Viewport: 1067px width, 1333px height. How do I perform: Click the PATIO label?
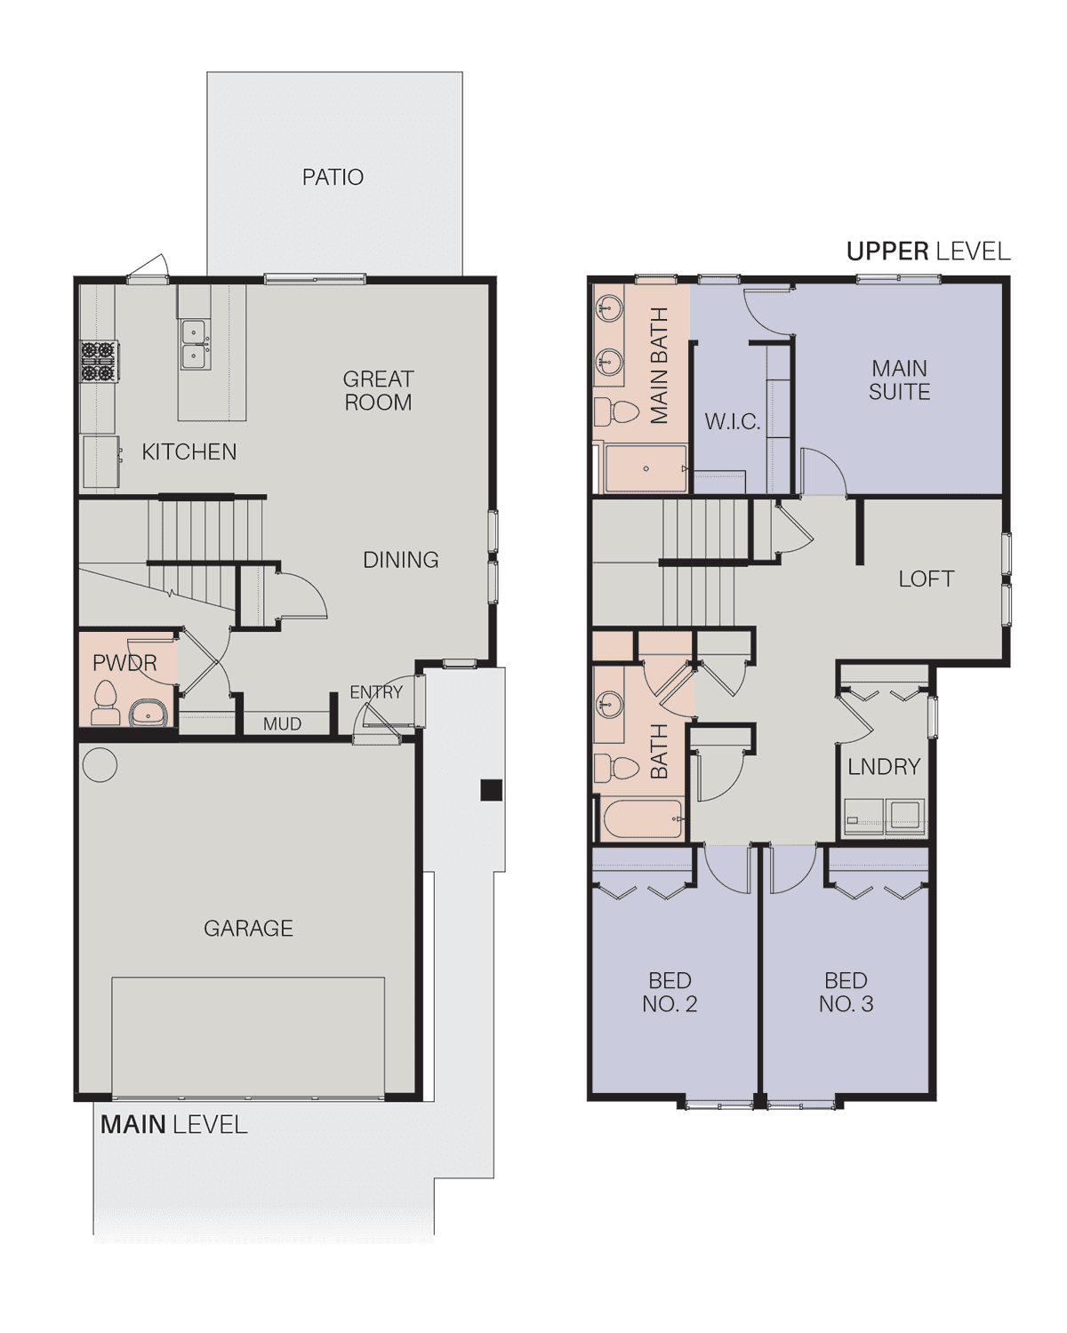tap(333, 177)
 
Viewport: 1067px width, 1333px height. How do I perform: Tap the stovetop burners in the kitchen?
tap(100, 361)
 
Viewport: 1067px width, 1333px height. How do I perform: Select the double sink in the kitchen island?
tap(196, 344)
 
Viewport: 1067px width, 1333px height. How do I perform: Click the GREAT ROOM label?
tap(378, 390)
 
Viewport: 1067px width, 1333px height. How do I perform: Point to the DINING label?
tap(400, 560)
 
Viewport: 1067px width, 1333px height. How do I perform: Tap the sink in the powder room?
tap(148, 713)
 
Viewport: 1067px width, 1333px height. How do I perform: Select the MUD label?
tap(282, 723)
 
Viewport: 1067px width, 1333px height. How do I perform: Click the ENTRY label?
tap(376, 692)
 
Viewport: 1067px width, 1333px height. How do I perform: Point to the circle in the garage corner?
tap(100, 764)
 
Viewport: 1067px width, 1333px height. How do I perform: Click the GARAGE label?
tap(248, 928)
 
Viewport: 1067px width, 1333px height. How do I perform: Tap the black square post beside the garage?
tap(491, 790)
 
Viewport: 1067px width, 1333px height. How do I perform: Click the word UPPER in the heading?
tap(887, 251)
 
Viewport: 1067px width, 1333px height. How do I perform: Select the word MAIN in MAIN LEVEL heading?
tap(132, 1124)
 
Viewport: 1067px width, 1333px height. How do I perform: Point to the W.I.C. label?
tap(732, 422)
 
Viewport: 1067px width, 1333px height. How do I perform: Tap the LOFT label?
tap(926, 579)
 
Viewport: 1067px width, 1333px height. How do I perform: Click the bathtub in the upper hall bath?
tap(643, 818)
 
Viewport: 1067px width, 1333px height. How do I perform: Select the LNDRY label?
tap(884, 767)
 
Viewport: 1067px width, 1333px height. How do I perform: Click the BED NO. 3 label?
tap(846, 992)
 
